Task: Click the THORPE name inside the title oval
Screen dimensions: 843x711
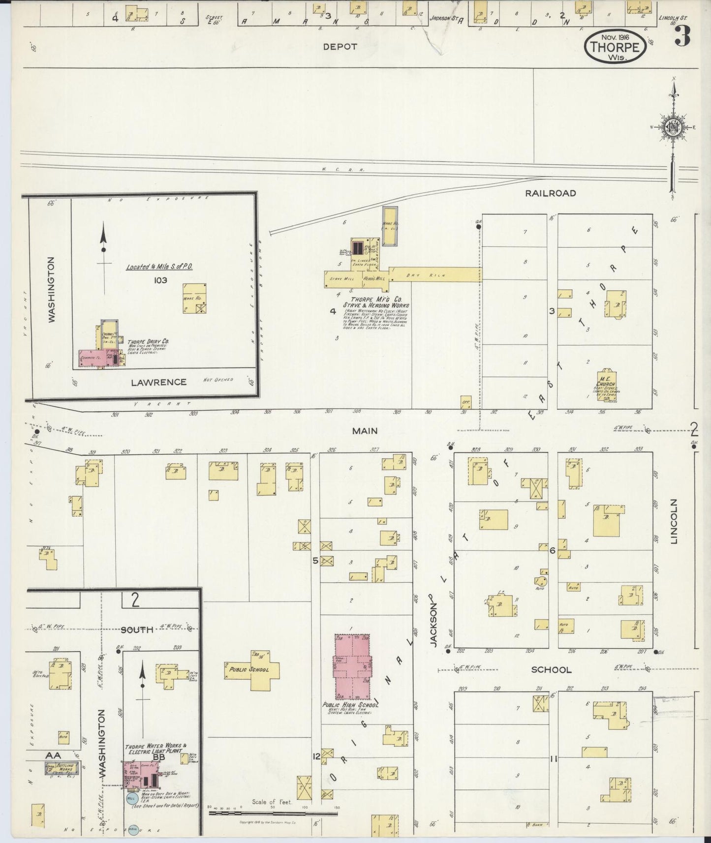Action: pyautogui.click(x=615, y=48)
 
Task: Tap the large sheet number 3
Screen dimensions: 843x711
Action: pyautogui.click(x=681, y=35)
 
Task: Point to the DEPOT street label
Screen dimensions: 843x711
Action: pyautogui.click(x=340, y=47)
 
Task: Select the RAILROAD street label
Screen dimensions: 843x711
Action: pyautogui.click(x=550, y=193)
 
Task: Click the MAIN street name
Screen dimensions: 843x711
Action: pyautogui.click(x=365, y=431)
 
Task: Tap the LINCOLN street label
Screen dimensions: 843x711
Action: pyautogui.click(x=674, y=521)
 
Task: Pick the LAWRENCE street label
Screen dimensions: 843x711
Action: pyautogui.click(x=158, y=382)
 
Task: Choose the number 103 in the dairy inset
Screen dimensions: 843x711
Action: pyautogui.click(x=160, y=280)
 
